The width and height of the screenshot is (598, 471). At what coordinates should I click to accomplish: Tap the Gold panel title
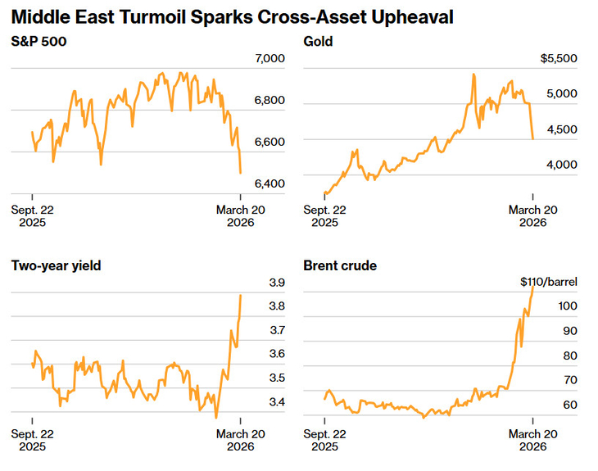(318, 41)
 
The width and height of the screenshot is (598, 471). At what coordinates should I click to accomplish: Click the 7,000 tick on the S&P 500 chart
(270, 59)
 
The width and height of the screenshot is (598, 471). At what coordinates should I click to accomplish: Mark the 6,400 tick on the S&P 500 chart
(270, 183)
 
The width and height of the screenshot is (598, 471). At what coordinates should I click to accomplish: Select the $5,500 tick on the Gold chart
(561, 59)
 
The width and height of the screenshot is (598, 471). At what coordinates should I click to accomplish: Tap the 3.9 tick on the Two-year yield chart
(277, 283)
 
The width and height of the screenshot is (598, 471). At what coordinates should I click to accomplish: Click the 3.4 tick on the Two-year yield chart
(277, 402)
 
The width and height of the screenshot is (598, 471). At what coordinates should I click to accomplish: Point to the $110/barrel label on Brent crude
(549, 282)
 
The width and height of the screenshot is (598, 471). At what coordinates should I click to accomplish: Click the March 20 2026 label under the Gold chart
(533, 216)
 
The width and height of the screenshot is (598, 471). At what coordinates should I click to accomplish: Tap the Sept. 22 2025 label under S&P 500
(32, 216)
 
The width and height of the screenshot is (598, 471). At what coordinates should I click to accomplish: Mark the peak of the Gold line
(473, 75)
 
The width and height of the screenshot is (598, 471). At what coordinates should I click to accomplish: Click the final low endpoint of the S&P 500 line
(240, 173)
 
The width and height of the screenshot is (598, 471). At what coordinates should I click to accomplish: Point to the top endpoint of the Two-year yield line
(241, 295)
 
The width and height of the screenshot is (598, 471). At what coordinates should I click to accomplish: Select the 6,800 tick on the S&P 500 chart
(270, 101)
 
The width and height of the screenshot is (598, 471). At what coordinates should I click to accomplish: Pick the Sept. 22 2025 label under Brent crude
(324, 440)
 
